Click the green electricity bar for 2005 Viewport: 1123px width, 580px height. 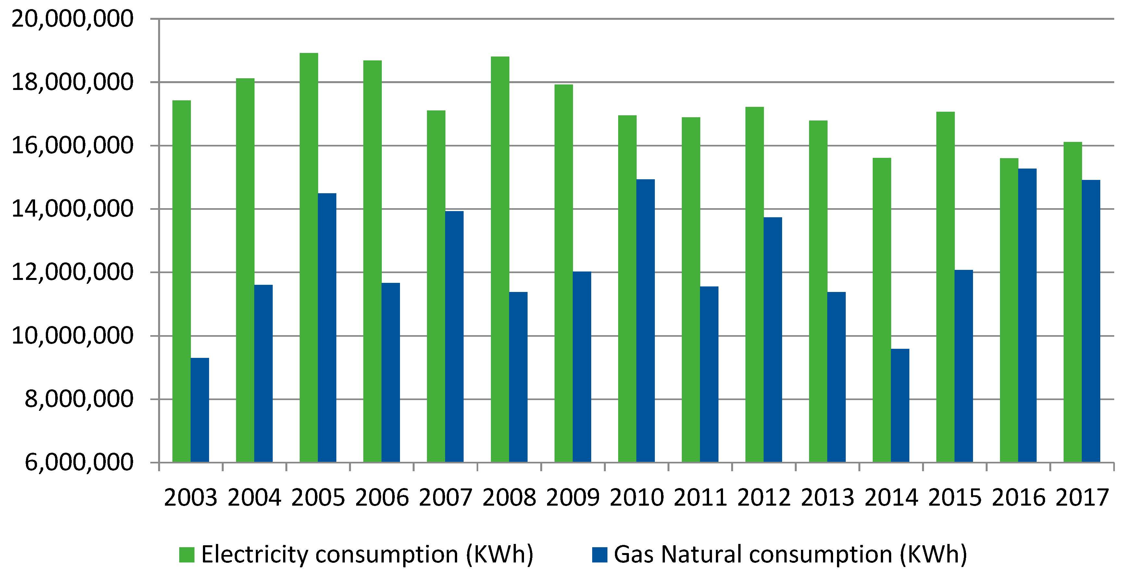(x=309, y=257)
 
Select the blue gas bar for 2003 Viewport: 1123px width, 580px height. (x=200, y=410)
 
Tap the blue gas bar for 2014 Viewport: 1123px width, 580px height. (x=900, y=406)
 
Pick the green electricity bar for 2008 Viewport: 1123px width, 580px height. (x=500, y=259)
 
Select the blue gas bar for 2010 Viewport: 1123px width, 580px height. (x=645, y=321)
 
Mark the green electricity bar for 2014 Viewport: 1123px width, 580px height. (x=881, y=309)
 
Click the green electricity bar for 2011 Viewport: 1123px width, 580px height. (x=691, y=290)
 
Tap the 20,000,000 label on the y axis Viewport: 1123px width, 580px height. (x=72, y=19)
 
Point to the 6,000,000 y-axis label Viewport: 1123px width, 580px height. (x=79, y=462)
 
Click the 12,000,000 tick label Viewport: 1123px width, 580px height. (x=72, y=272)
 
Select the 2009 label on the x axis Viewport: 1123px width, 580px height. (x=572, y=498)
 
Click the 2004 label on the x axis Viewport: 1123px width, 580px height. (x=254, y=498)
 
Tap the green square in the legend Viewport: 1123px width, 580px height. (x=187, y=555)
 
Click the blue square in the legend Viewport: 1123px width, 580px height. (x=599, y=555)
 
